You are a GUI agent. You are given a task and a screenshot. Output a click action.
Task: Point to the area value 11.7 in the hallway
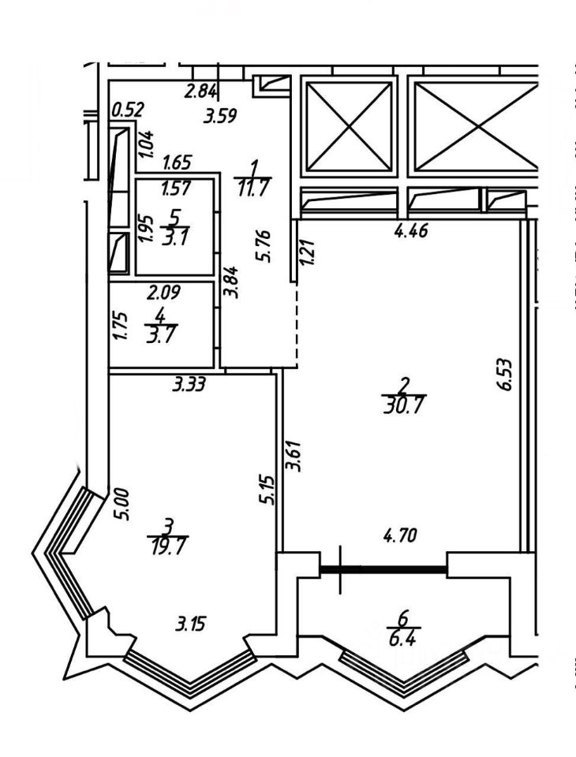click(253, 189)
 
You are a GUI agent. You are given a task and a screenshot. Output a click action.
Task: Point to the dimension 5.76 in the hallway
click(267, 246)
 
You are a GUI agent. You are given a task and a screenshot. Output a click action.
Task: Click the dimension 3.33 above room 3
click(189, 386)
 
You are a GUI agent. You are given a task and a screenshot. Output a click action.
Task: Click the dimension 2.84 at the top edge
click(200, 91)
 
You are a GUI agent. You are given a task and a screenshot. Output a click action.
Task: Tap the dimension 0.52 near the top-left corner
click(126, 110)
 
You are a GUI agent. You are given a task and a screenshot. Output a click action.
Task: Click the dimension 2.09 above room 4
click(165, 293)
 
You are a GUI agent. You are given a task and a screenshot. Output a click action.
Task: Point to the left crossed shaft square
click(349, 125)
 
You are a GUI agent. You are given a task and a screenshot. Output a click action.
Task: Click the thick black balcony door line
click(384, 566)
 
